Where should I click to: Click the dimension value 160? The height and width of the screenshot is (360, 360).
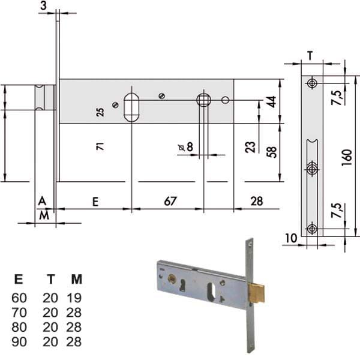347,157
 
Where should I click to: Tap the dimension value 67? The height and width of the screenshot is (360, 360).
170,201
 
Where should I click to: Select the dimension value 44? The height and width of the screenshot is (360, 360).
271,102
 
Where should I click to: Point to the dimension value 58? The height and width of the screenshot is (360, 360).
271,152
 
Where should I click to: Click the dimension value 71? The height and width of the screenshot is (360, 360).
100,146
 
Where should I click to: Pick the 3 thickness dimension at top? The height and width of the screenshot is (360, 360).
43,5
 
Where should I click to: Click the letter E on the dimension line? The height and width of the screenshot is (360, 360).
95,202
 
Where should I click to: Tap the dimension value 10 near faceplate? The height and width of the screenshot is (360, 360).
291,238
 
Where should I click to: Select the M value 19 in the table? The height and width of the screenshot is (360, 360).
74,298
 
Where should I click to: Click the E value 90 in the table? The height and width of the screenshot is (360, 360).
19,342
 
